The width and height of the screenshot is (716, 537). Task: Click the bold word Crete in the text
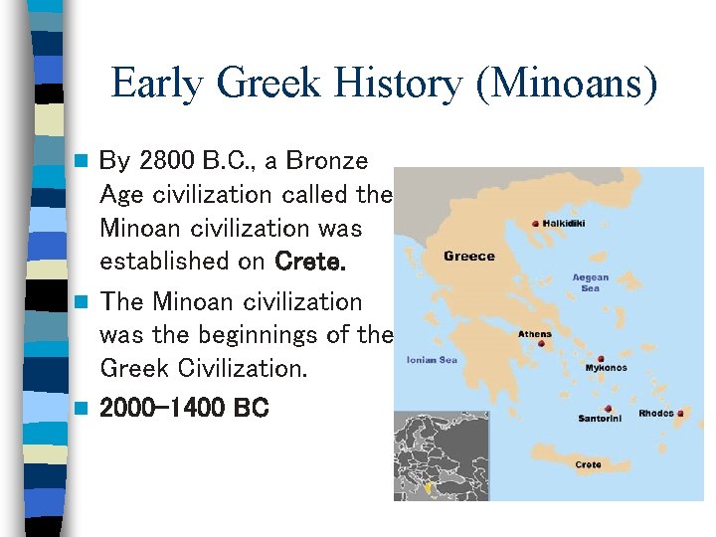click(x=310, y=262)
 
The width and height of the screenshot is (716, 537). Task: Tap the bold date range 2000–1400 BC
click(x=184, y=408)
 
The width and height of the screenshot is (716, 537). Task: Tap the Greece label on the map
click(x=468, y=257)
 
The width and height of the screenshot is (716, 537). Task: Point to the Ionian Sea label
click(x=432, y=360)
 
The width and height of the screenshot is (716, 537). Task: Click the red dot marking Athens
click(x=542, y=344)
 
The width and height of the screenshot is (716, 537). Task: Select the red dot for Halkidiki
click(x=537, y=224)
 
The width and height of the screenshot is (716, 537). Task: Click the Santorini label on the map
click(x=601, y=419)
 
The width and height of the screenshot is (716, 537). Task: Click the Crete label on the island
click(x=588, y=464)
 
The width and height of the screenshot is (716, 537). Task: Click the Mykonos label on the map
click(x=607, y=368)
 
